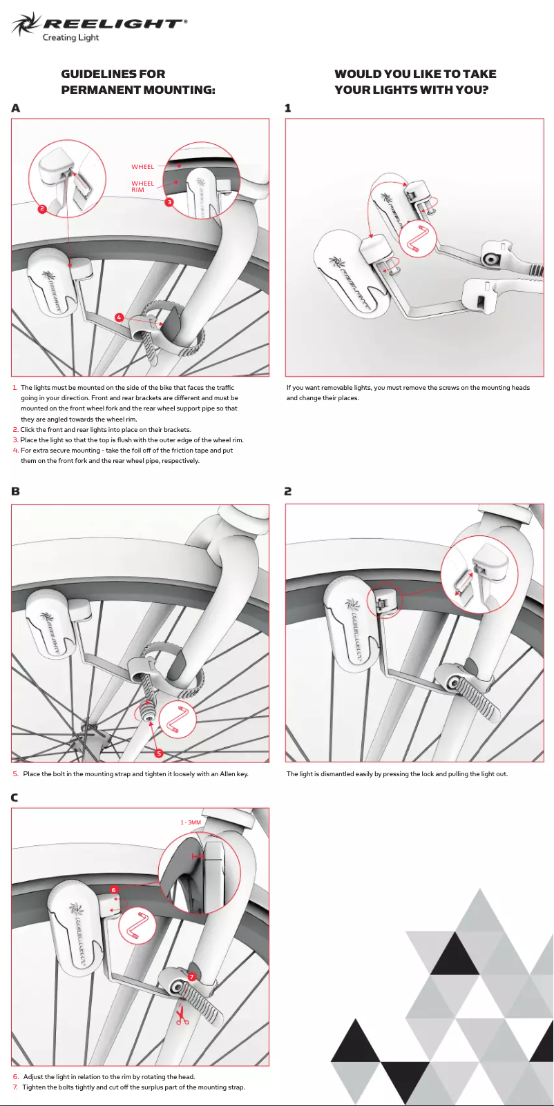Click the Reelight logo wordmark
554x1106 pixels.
[114, 23]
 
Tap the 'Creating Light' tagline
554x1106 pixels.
[70, 38]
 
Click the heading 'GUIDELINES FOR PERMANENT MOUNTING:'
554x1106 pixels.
[138, 81]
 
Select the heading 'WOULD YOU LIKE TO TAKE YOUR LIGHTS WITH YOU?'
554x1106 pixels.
[415, 81]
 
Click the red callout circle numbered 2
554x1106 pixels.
[42, 208]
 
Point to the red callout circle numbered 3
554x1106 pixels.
[169, 202]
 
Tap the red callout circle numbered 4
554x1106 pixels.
[119, 317]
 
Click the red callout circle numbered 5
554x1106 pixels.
[159, 753]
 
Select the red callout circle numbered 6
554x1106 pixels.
[114, 890]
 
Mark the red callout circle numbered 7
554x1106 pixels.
[192, 976]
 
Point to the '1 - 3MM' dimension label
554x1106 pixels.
[191, 822]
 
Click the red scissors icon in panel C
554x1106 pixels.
[182, 1016]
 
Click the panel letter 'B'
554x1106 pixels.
[16, 491]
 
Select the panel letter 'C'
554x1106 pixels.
[15, 798]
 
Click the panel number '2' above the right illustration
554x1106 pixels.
[288, 491]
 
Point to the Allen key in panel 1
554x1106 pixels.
[419, 239]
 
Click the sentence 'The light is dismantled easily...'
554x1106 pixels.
[397, 773]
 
